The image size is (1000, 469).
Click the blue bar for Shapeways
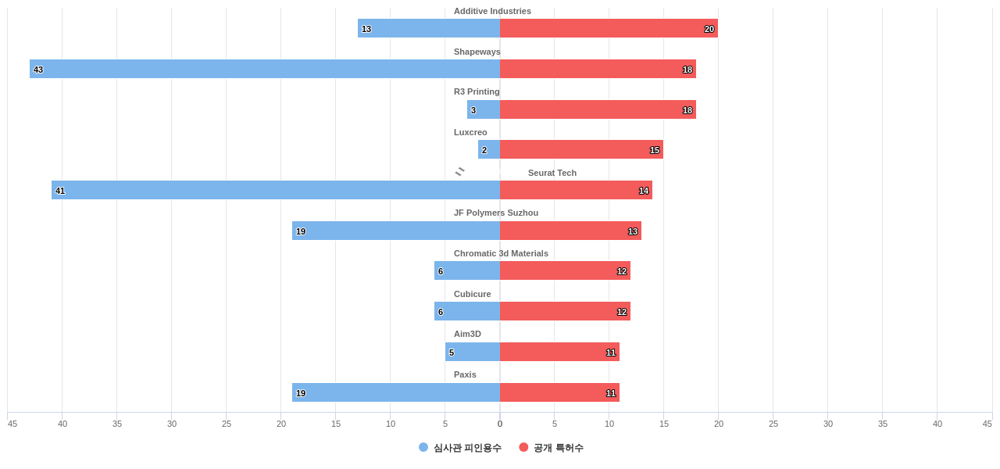[265, 69]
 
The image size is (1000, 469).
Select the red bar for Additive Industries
[609, 28]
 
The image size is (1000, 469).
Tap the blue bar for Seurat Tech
[276, 190]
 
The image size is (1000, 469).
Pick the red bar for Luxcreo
[581, 149]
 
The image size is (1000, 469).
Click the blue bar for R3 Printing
[484, 109]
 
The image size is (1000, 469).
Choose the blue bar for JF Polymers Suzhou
[396, 231]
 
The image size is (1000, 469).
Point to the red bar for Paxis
[559, 392]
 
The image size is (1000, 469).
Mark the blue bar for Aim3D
[473, 352]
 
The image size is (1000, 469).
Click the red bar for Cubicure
[565, 311]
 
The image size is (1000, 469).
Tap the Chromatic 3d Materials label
[501, 253]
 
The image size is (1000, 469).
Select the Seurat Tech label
[552, 173]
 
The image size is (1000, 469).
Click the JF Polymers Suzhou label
[495, 213]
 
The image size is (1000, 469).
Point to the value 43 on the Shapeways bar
[38, 70]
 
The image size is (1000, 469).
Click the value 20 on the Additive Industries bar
[709, 29]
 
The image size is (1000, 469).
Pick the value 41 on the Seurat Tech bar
[60, 191]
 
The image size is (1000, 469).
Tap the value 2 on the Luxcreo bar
[484, 150]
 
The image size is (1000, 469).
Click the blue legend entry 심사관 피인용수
[460, 448]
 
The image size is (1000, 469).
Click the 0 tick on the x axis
[500, 424]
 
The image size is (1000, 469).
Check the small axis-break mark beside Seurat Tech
[459, 171]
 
